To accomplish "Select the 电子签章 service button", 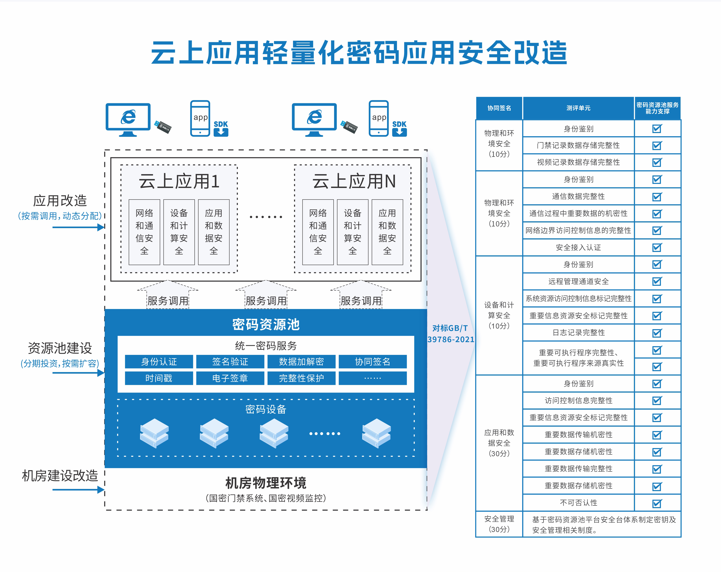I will pyautogui.click(x=230, y=378).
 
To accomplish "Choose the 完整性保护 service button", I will pyautogui.click(x=301, y=378).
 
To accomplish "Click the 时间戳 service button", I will pyautogui.click(x=159, y=378).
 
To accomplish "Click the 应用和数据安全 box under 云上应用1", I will pyautogui.click(x=214, y=232).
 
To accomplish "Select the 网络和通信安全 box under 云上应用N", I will pyautogui.click(x=318, y=232).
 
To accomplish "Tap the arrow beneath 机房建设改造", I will pyautogui.click(x=79, y=490).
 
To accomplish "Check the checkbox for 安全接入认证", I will pyautogui.click(x=657, y=247).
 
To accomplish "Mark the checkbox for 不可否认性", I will pyautogui.click(x=657, y=503).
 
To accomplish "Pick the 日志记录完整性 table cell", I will pyautogui.click(x=578, y=333).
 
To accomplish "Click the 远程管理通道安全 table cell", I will pyautogui.click(x=578, y=282).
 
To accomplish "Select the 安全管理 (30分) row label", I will pyautogui.click(x=499, y=524).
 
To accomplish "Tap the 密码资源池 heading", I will pyautogui.click(x=266, y=324).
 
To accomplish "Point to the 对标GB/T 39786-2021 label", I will pyautogui.click(x=450, y=334).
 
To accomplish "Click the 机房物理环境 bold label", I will pyautogui.click(x=266, y=483).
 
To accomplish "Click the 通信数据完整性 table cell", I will pyautogui.click(x=578, y=196).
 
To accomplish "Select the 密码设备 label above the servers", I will pyautogui.click(x=266, y=409).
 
